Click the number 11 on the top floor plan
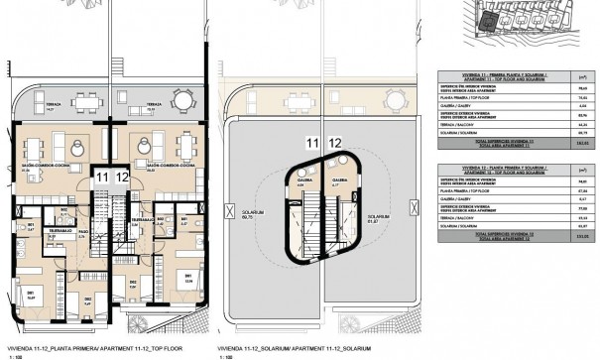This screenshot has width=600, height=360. [x=100, y=177]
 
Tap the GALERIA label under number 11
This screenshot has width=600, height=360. [x=305, y=180]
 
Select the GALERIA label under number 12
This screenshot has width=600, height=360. [x=339, y=180]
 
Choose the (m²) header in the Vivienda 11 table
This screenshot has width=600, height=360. [x=582, y=75]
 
